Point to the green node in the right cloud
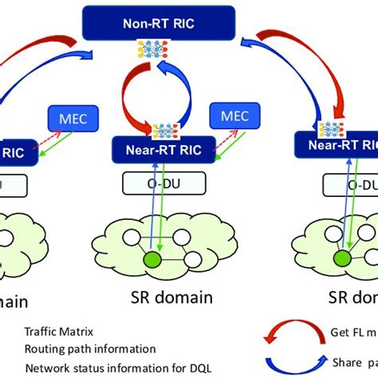pos(341,258)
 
